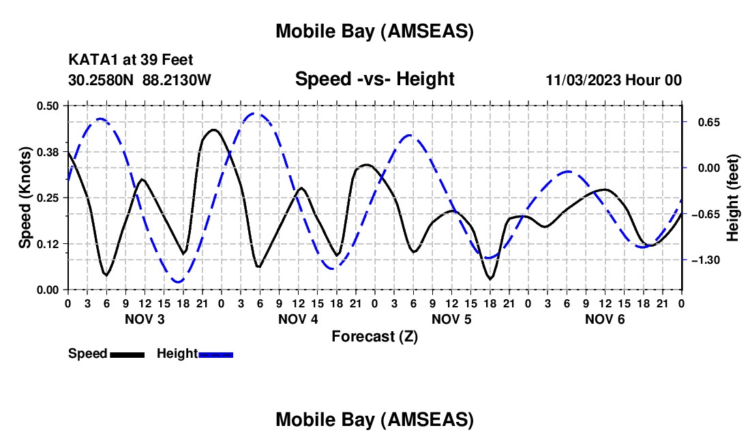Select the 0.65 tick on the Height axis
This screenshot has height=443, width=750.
click(699, 123)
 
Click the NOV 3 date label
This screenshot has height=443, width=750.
click(144, 319)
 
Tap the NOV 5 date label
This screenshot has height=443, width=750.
click(451, 319)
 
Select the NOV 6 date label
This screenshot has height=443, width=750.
click(605, 319)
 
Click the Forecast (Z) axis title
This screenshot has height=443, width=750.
click(374, 336)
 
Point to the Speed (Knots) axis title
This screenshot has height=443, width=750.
click(25, 198)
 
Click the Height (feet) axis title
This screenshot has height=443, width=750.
click(732, 198)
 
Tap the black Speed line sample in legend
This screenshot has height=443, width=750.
click(126, 354)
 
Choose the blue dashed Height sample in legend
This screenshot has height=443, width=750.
click(215, 354)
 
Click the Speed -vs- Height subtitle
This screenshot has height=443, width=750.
click(374, 79)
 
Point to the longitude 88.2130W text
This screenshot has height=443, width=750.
click(177, 80)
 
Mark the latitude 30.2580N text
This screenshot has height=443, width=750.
click(102, 80)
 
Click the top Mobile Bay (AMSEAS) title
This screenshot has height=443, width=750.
click(374, 31)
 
